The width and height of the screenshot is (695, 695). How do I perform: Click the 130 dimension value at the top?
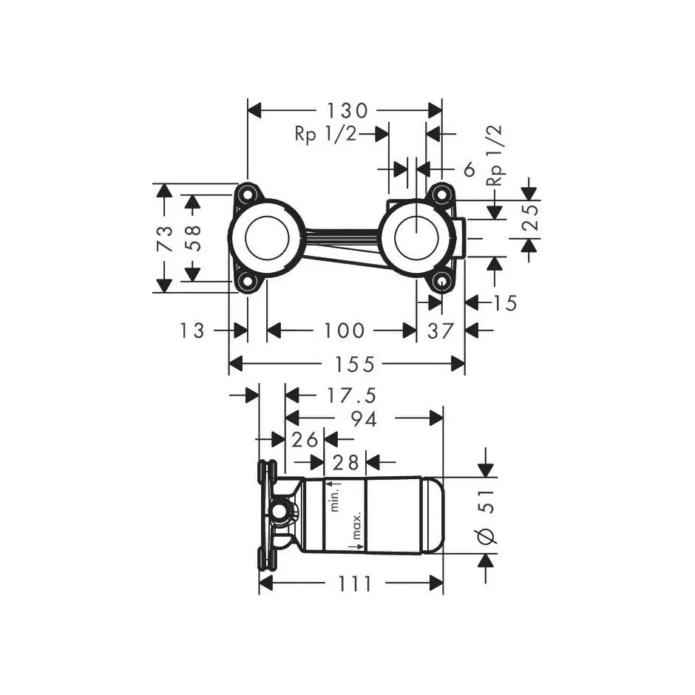347,111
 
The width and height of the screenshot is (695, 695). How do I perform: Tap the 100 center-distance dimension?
343,330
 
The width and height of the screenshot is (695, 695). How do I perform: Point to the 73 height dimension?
164,237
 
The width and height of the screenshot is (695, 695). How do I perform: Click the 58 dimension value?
192,237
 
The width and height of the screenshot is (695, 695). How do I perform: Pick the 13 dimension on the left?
191,330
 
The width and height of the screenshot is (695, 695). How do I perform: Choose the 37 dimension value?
440,330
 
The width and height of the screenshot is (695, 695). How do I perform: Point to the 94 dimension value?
364,418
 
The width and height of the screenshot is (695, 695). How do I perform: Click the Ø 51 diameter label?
488,518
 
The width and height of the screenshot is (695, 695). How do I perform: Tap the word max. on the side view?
356,526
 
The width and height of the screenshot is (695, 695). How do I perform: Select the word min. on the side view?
334,498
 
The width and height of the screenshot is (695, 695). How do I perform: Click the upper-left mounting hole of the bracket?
247,195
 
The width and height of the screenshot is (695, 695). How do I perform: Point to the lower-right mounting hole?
441,280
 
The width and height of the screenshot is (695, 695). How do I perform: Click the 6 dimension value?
469,169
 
